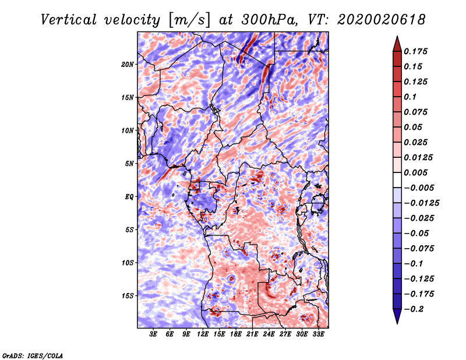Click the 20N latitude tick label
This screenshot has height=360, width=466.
pos(128,65)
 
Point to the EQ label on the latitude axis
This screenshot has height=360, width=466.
pos(129,197)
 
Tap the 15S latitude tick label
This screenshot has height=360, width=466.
pos(128,296)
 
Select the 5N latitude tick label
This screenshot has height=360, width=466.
pos(129,164)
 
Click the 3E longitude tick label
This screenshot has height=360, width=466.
pos(153,334)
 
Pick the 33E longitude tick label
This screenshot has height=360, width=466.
pos(318,334)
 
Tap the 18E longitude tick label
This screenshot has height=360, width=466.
pos(236,334)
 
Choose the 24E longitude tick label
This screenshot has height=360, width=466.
pos(269,334)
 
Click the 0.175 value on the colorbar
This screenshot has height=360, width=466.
pos(415,51)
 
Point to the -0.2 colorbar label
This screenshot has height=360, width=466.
pos(414,309)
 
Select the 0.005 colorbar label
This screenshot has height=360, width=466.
pos(415,172)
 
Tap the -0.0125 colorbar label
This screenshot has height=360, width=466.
pos(421,203)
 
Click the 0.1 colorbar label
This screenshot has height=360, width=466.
pos(410,97)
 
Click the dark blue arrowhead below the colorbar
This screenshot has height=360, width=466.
pos(397,316)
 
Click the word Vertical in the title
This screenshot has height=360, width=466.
pos(69,20)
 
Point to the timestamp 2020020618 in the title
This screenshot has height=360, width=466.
pos(382,20)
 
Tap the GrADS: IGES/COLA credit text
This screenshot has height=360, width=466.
pos(33,355)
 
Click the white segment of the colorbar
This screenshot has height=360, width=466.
pos(397,180)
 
